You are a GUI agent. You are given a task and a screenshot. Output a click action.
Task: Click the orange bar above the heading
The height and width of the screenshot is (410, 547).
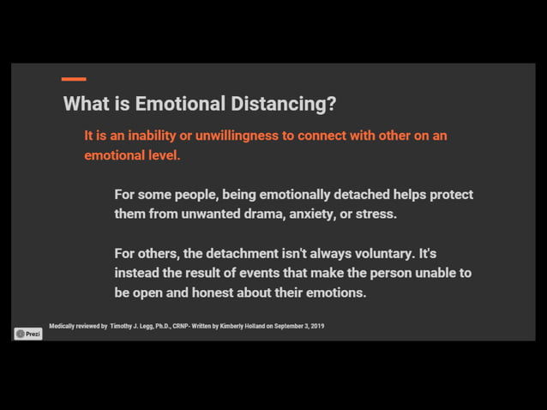(x=74, y=80)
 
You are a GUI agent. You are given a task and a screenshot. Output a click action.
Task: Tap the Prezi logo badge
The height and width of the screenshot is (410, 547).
(x=28, y=334)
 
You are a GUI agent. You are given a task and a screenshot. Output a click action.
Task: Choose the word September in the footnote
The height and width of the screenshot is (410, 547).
(x=288, y=326)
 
